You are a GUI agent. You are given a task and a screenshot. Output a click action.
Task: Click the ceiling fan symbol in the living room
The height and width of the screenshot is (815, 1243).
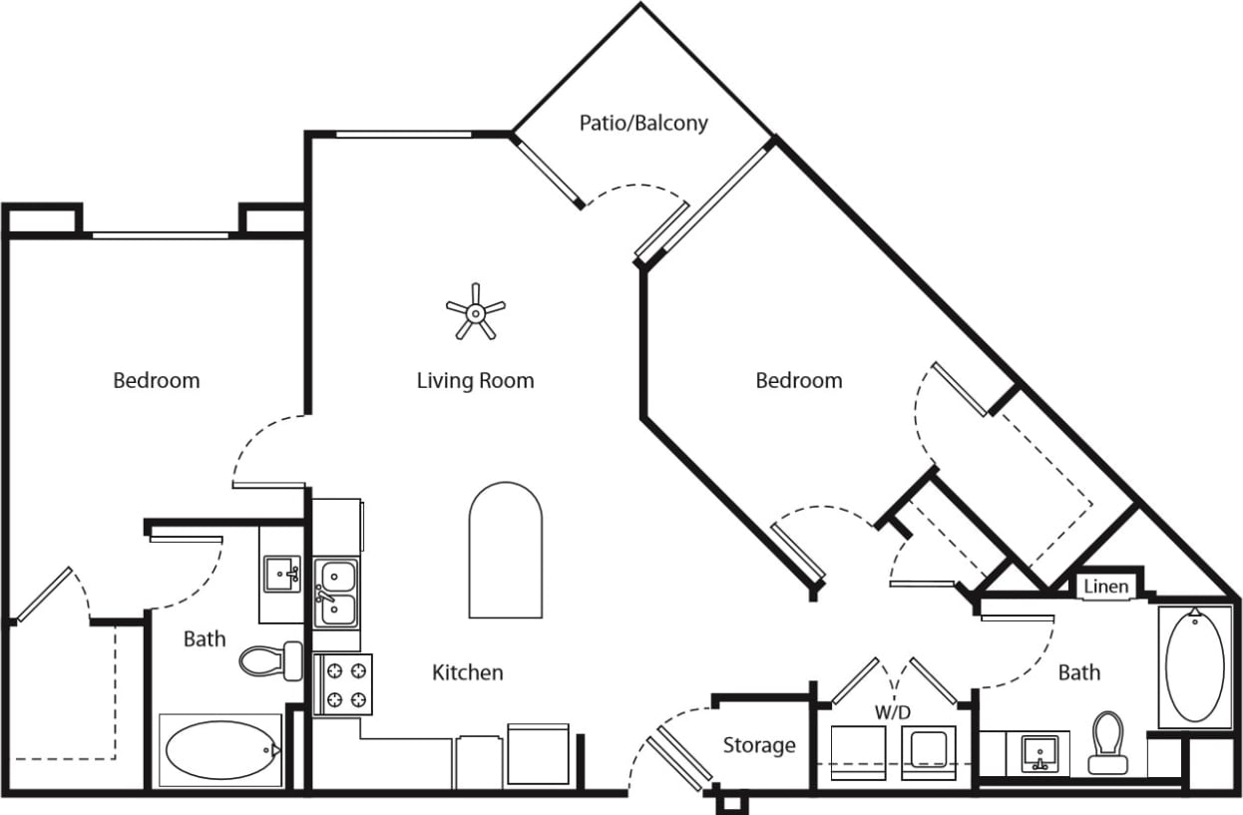pos(476,312)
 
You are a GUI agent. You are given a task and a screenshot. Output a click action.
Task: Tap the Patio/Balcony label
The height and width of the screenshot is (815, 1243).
pos(643,123)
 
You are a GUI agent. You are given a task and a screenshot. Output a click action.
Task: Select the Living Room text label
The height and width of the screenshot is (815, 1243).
pos(475,380)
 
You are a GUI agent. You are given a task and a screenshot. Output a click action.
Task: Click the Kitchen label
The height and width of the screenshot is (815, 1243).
pos(467,672)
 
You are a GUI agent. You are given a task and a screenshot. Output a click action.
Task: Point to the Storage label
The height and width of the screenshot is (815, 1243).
pos(759,745)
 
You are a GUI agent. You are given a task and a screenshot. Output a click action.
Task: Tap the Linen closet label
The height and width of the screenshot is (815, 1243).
pos(1105,586)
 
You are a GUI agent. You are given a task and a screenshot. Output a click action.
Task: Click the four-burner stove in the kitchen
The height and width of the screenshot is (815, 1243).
pos(342,684)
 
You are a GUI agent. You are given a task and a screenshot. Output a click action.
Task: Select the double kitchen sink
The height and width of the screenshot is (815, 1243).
pos(337,593)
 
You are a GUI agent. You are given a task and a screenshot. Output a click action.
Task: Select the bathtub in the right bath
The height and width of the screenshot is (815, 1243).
pos(1194,665)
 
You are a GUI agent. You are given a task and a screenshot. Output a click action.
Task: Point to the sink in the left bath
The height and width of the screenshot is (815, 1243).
pos(282,575)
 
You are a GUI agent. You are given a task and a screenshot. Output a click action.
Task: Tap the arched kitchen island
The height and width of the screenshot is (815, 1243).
pos(506,551)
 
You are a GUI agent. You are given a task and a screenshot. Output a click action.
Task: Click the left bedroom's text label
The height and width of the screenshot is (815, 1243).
pos(156,380)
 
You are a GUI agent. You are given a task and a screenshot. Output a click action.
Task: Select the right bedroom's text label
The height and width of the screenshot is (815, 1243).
pos(798,380)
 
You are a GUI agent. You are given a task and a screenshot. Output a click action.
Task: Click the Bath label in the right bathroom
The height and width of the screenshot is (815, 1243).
pos(1078,672)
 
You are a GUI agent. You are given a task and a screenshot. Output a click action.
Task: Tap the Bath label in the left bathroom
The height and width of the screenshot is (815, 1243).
pos(204,638)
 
